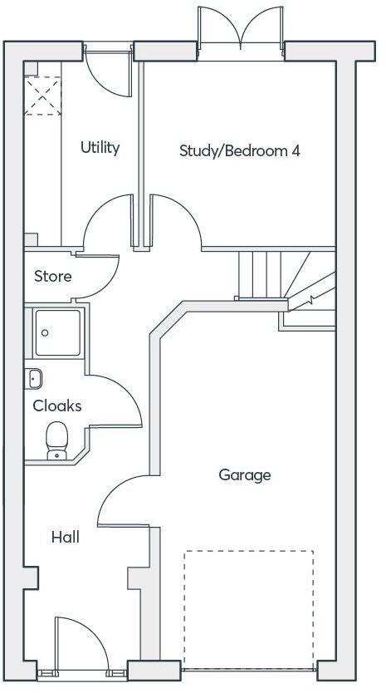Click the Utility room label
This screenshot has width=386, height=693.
coord(100,147)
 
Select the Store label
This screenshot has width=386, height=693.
coord(52,276)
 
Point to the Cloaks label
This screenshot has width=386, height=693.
coord(57,405)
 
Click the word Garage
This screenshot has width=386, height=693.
coord(245,474)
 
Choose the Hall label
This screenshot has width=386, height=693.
coord(66,537)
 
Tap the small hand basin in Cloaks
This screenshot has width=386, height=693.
coord(34,378)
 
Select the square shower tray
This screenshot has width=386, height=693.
coord(57,332)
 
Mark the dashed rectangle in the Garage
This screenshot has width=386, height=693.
coord(249,608)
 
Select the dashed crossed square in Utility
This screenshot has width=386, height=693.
coord(42,95)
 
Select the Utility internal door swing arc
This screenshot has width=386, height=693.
coord(108,220)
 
